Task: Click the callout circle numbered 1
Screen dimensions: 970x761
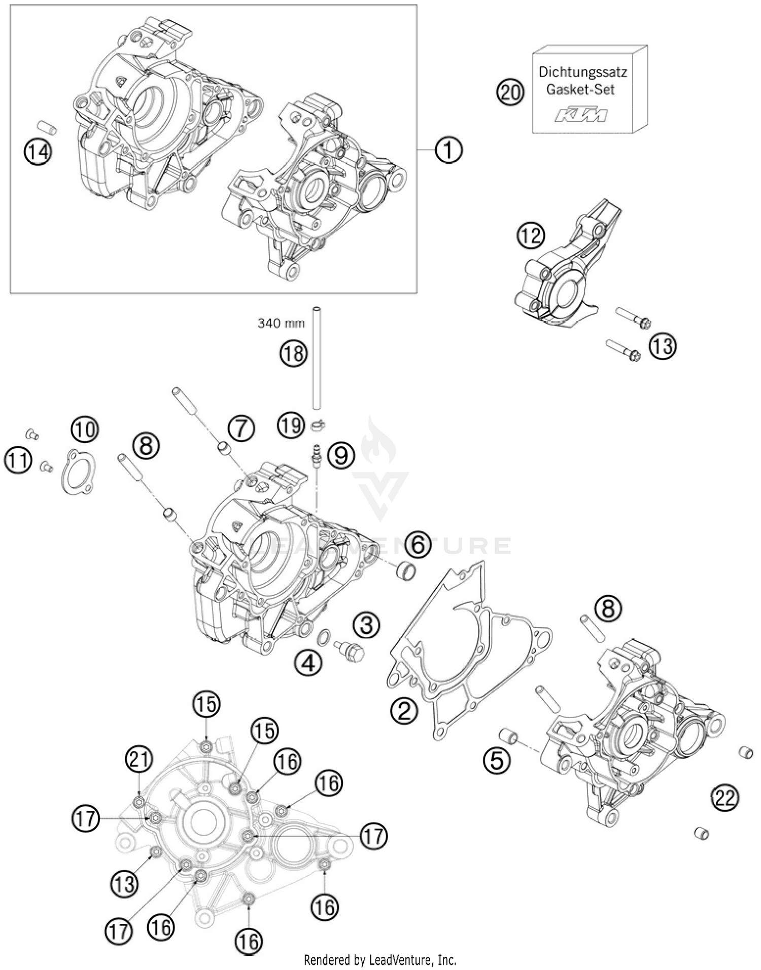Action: (448, 150)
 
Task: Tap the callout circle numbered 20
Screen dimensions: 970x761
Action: (509, 93)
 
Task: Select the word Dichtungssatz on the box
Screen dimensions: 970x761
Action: (582, 72)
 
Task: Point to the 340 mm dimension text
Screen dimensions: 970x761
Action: (281, 322)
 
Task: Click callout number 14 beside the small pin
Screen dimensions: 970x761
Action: (38, 151)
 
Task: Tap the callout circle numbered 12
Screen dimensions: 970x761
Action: (531, 236)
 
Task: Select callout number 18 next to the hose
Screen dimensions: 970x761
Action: (294, 353)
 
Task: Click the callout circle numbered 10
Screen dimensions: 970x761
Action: (85, 430)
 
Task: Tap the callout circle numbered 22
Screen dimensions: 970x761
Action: (725, 799)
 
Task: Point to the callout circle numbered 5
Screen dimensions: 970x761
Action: (496, 761)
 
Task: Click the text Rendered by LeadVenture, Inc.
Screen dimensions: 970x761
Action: (380, 959)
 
